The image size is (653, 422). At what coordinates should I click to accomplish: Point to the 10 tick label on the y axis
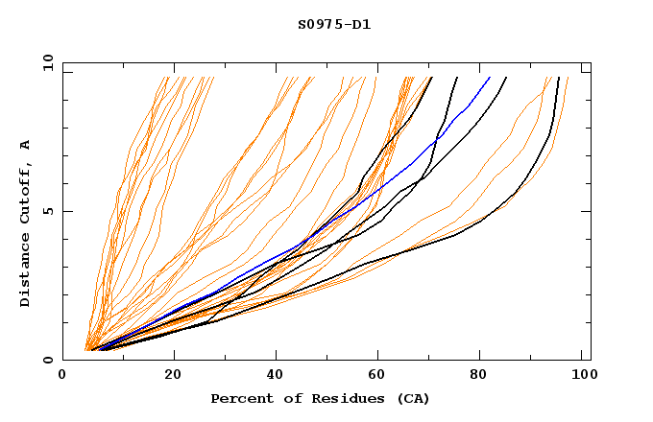point(47,62)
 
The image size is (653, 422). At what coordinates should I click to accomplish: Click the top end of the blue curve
point(490,78)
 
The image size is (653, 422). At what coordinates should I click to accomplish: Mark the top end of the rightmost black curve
point(559,78)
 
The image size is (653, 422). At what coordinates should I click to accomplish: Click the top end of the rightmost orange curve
point(568,78)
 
